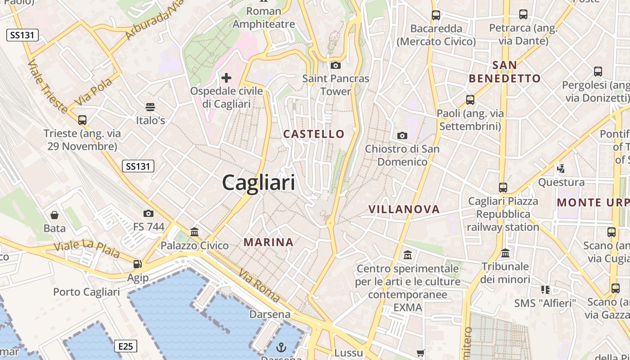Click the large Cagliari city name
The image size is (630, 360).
(x=259, y=183)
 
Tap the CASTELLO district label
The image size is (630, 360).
(x=314, y=134)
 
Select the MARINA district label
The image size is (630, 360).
(x=269, y=242)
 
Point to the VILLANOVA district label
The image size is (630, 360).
(x=404, y=209)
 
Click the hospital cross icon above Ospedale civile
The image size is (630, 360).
(x=226, y=78)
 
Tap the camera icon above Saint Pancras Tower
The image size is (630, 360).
(x=335, y=66)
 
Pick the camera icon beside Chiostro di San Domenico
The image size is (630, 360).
(x=402, y=135)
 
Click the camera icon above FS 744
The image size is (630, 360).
(x=148, y=213)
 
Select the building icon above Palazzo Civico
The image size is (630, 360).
(x=194, y=232)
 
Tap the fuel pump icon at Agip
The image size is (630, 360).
(x=137, y=264)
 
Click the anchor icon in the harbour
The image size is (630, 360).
(x=281, y=347)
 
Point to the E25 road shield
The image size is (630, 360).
(x=126, y=346)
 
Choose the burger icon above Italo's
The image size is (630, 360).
(x=150, y=107)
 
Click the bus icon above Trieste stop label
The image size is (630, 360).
(x=82, y=120)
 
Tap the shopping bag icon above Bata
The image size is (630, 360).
(x=54, y=215)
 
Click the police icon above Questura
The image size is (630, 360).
(x=561, y=169)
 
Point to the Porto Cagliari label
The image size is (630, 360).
(x=86, y=292)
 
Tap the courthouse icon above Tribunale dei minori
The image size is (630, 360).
(x=505, y=253)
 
